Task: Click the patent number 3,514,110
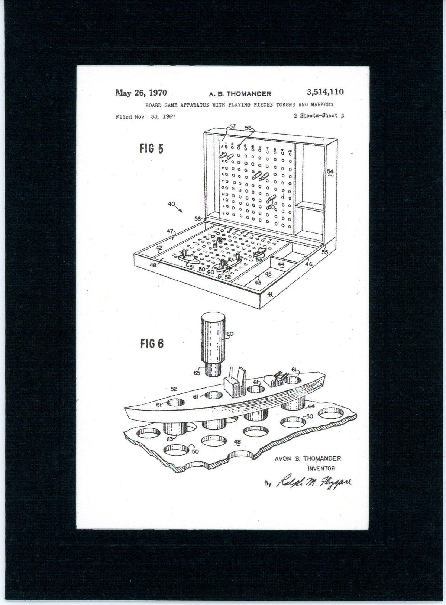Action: pos(325,92)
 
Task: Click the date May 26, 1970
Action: pos(141,93)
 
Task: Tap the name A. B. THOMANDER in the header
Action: pos(240,94)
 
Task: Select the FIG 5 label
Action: pos(151,149)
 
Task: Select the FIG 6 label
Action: pos(152,344)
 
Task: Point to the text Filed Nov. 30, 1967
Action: pos(145,117)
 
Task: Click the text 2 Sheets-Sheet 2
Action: pos(319,116)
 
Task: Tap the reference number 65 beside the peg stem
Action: pos(197,373)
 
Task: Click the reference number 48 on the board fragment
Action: pos(237,442)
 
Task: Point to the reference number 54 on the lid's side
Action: pos(330,171)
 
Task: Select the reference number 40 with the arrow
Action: pos(172,204)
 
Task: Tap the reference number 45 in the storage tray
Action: pos(268,274)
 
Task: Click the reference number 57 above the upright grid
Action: pos(232,127)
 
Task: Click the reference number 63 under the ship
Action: pos(169,439)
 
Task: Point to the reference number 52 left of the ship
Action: pos(174,389)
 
